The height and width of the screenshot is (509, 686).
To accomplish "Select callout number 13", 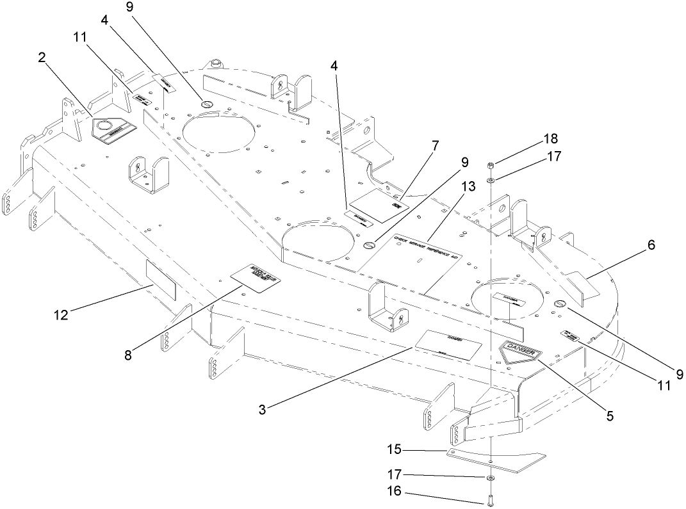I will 468,186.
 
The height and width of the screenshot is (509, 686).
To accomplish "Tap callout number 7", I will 436,146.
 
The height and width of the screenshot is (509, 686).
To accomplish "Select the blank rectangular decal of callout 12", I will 161,280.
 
